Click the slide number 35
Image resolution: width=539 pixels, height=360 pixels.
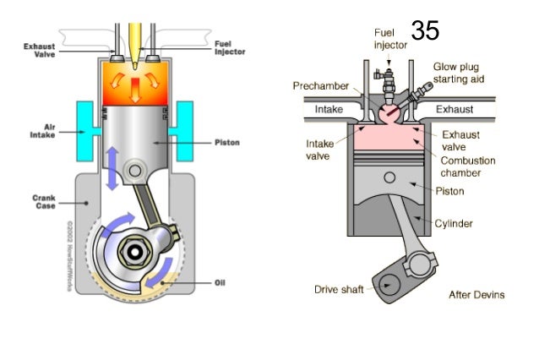point(425,31)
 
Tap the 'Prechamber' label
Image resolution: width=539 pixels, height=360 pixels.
point(318,86)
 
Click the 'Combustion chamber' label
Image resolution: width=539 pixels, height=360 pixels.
point(467,166)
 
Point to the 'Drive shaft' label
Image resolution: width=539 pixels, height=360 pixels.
point(339,290)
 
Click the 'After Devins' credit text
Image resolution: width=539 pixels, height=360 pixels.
point(476,295)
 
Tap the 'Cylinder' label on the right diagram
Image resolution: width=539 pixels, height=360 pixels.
point(455,224)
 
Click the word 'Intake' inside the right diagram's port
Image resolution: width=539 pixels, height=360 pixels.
point(329,110)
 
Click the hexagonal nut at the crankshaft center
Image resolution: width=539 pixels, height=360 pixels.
point(136,252)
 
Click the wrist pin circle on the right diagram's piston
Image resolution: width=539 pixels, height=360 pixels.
point(389,178)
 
